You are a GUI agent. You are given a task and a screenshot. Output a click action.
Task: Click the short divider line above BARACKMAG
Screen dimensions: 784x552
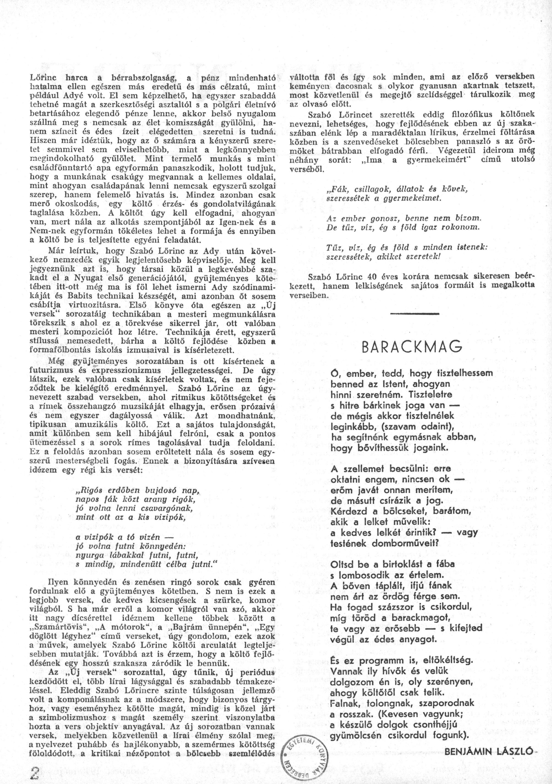[414, 313]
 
